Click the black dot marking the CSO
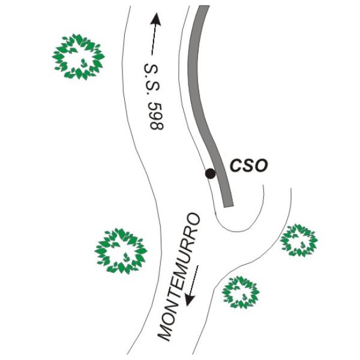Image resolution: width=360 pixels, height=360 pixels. [211, 173]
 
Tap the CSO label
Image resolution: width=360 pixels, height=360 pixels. [249, 165]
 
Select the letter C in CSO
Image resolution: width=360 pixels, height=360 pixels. [236, 165]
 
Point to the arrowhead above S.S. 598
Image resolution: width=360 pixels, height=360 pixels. [156, 19]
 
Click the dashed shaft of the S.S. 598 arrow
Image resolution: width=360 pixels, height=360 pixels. [153, 40]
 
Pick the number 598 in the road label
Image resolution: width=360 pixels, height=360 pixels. [157, 116]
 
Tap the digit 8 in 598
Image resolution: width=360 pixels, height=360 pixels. [157, 126]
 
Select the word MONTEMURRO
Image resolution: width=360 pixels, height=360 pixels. [179, 277]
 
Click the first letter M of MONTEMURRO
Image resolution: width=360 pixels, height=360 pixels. [165, 333]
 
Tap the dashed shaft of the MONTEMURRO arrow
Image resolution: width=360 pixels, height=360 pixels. [194, 280]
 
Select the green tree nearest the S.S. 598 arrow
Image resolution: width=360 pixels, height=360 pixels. [79, 57]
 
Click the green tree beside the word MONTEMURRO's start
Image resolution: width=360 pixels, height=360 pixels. [121, 251]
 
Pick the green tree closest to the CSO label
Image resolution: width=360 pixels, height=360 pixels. [299, 241]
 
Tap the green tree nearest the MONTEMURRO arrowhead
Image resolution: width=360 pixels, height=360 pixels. [241, 292]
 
